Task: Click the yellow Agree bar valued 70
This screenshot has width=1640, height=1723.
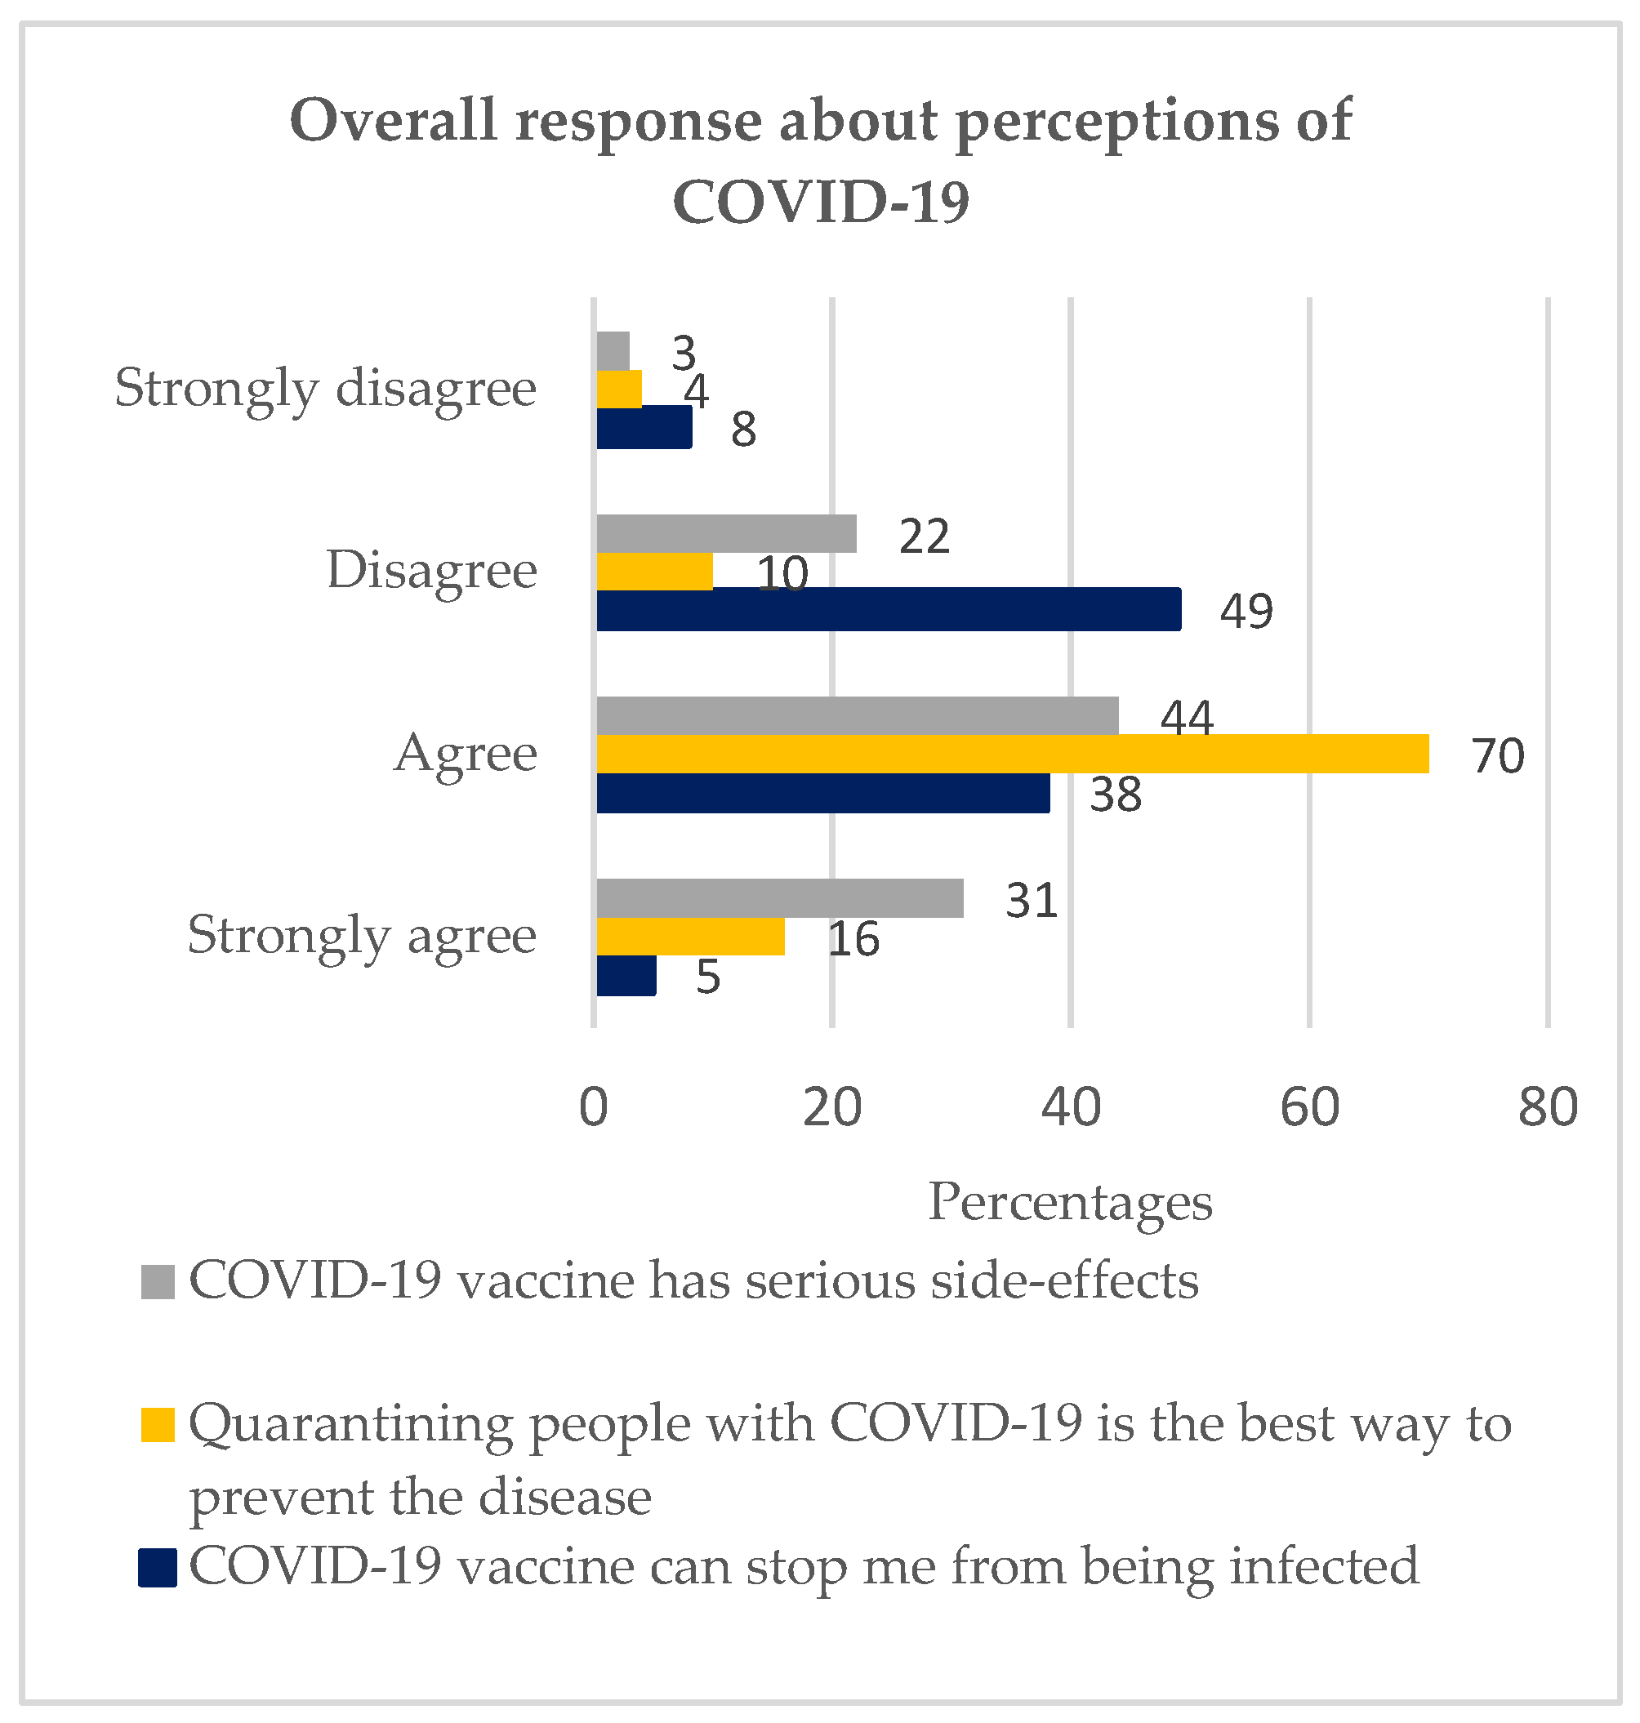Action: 1011,755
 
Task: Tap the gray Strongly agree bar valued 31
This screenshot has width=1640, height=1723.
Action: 780,898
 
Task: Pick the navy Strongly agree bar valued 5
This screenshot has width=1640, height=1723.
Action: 626,976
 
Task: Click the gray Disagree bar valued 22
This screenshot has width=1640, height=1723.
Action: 726,534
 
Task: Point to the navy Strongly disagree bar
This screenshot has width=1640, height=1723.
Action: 644,427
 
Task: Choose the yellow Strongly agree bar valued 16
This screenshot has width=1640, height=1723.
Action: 691,937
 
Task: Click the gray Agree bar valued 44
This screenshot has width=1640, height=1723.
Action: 857,716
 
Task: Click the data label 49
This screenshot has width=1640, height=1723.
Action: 1246,610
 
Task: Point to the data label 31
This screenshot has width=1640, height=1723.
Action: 1032,901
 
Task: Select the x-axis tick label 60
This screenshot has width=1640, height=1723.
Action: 1308,1106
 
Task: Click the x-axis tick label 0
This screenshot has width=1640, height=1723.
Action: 594,1106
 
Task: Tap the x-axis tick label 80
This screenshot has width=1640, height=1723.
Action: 1548,1106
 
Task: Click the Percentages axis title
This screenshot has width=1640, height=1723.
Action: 1069,1202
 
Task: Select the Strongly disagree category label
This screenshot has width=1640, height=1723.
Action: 325,388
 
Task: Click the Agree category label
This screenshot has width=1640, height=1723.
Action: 465,753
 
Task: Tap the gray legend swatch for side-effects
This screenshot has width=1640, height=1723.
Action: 158,1281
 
